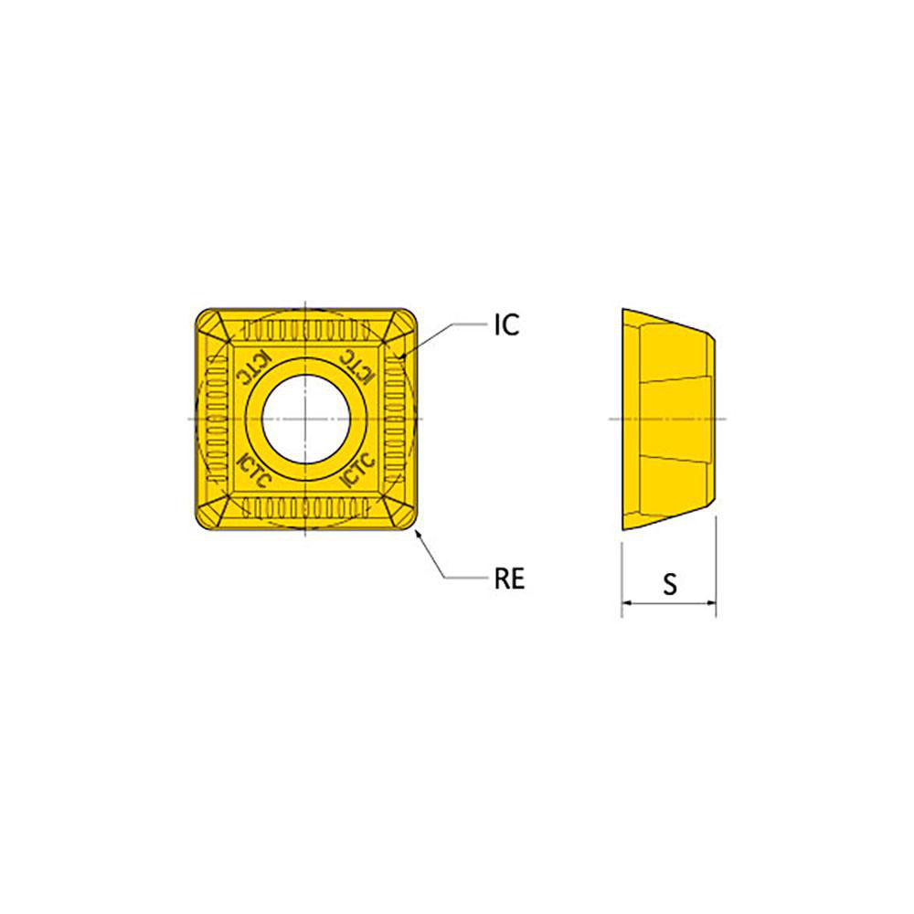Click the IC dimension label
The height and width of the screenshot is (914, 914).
tap(506, 324)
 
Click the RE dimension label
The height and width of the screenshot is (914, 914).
tap(509, 579)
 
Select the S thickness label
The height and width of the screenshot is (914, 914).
tap(670, 583)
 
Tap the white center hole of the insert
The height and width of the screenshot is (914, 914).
tap(305, 420)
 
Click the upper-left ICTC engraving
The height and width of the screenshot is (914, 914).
tap(253, 367)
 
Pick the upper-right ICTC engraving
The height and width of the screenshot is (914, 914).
tap(356, 367)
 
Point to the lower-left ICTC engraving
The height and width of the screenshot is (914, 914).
tap(255, 470)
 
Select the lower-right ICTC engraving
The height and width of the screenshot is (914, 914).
tap(356, 470)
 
